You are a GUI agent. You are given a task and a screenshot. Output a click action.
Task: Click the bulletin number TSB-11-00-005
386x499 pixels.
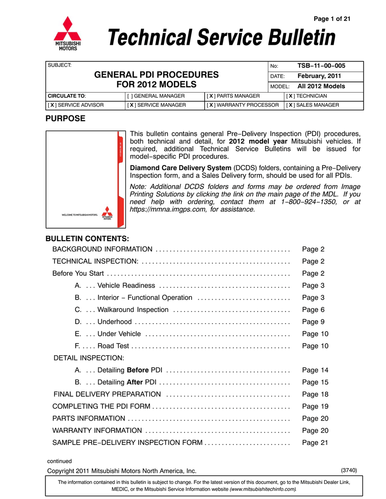point(321,66)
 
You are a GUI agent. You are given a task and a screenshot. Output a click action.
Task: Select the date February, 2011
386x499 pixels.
point(319,76)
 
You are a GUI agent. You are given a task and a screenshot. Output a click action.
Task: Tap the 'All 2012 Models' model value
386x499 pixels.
point(321,86)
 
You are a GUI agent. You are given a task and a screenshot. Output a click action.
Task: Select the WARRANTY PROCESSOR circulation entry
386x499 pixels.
point(243,105)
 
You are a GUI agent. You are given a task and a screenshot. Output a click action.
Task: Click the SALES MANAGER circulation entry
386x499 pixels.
point(312,105)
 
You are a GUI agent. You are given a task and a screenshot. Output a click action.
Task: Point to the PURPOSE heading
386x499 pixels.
point(65,118)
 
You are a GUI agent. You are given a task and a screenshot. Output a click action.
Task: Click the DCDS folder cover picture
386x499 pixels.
point(85,179)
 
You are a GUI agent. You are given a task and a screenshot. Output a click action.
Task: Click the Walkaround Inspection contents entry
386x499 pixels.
point(133,309)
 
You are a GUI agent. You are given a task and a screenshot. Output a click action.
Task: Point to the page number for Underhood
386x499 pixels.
point(313,322)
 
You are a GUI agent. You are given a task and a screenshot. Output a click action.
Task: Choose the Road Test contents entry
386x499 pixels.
point(113,346)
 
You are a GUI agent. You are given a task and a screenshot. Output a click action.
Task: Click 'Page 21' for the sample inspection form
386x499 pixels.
point(315,442)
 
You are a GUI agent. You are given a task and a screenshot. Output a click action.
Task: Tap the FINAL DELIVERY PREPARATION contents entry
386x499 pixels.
point(107,394)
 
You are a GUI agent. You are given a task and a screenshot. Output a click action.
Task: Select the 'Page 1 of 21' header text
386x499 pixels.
point(332,19)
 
